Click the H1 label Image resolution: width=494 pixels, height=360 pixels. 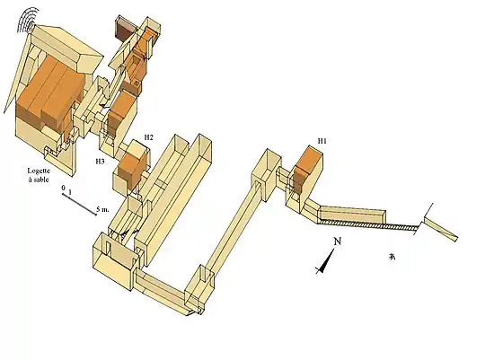tap(322, 141)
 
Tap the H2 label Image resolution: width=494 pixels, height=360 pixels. tap(149, 137)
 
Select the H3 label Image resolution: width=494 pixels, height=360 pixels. tap(101, 162)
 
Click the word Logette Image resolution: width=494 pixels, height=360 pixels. tap(39, 171)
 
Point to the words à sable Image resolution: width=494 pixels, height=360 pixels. tap(39, 180)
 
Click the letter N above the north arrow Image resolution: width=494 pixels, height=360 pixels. tap(338, 241)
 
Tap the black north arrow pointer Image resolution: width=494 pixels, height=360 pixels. tap(325, 262)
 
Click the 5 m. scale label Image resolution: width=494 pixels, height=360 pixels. tap(102, 209)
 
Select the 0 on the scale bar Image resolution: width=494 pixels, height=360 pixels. tap(64, 188)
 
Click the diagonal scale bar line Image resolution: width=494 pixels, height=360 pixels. tap(79, 205)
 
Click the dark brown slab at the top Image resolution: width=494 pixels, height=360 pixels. tap(125, 30)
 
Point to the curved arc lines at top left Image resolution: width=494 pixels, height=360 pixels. tap(28, 20)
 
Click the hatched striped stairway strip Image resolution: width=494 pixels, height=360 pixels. tap(368, 224)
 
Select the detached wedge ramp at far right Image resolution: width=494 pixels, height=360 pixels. tap(440, 229)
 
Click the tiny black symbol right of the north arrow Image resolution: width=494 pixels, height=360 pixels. tap(392, 258)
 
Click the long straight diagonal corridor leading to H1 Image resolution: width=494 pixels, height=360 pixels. tap(234, 225)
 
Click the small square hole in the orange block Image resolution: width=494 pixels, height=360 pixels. tap(137, 83)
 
